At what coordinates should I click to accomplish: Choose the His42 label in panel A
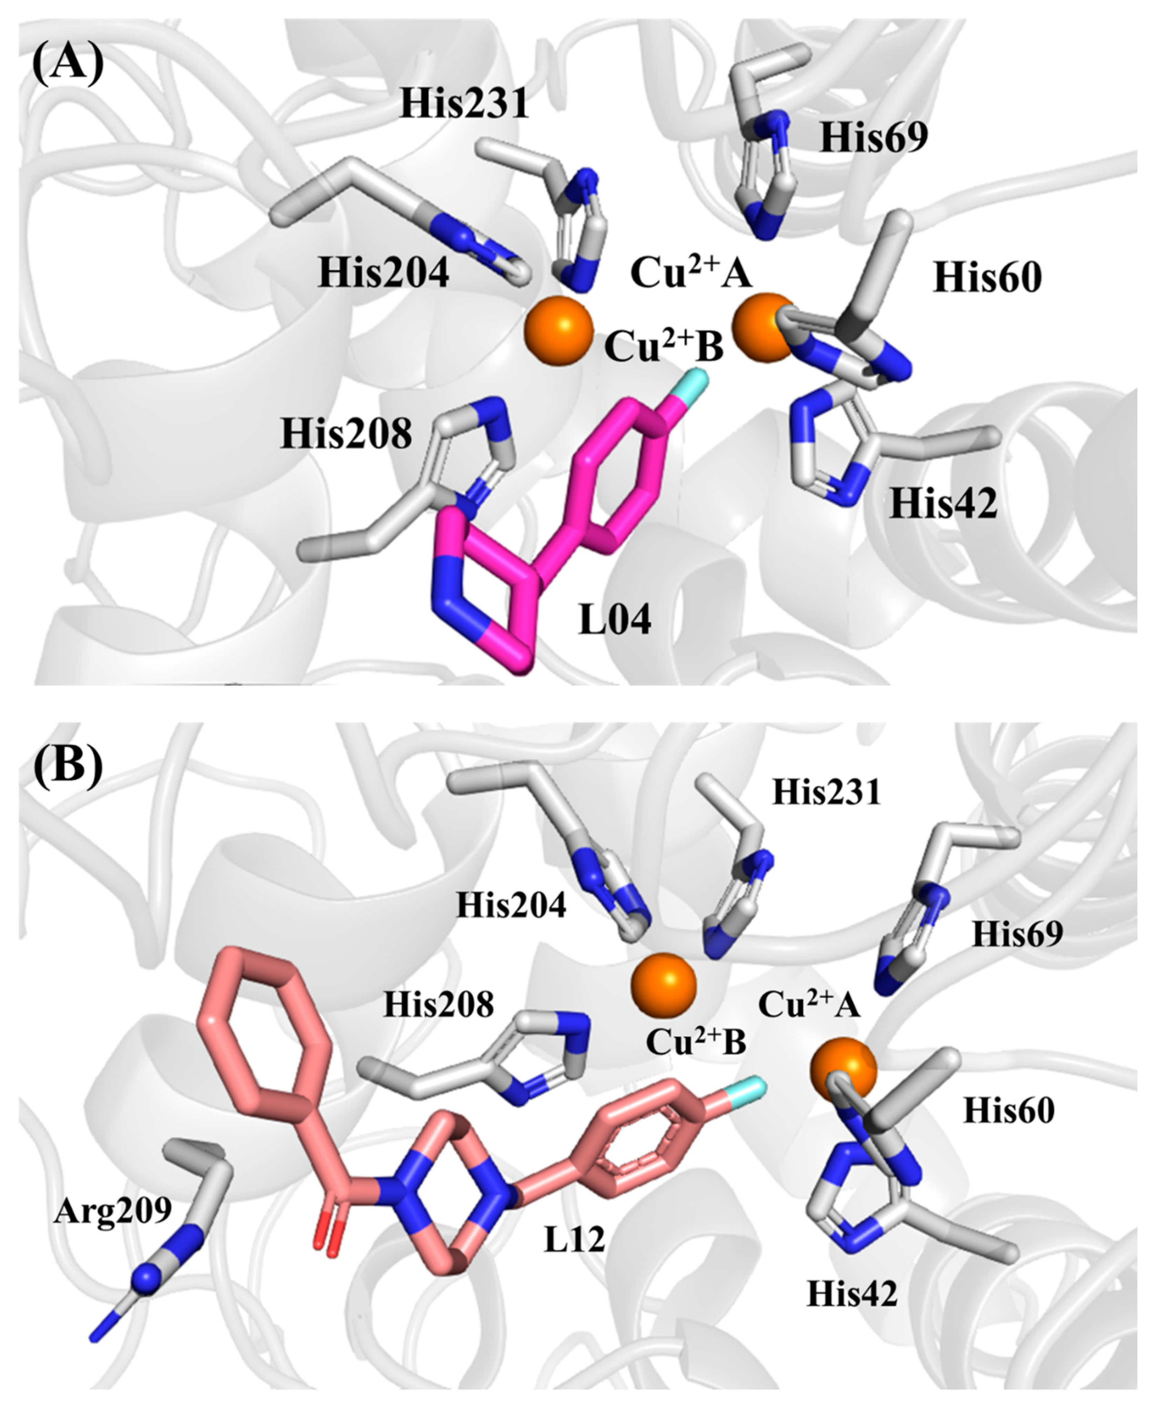tap(943, 504)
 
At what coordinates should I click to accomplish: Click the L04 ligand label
tap(615, 620)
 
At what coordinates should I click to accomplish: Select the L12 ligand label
tap(574, 1239)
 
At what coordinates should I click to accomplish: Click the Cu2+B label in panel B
tap(695, 1043)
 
